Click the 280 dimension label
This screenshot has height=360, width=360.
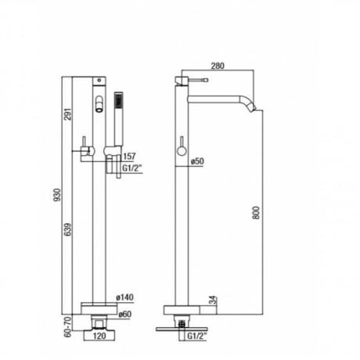click(218, 66)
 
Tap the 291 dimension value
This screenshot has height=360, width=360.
click(67, 114)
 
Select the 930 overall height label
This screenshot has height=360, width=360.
click(56, 195)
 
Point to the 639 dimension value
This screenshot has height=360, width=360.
click(67, 229)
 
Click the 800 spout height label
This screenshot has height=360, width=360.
click(257, 213)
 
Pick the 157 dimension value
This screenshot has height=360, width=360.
click(129, 157)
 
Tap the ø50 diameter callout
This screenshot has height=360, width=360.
click(197, 161)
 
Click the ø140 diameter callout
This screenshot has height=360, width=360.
click(124, 297)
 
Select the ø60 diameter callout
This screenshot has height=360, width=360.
click(124, 315)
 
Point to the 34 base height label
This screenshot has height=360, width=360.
click(213, 300)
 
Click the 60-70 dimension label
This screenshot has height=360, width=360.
click(67, 327)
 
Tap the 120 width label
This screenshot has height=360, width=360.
click(99, 336)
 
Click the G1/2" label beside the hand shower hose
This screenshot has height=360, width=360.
click(132, 168)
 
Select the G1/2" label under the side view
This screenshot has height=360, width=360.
click(197, 336)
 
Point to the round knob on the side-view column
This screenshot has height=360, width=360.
click(182, 150)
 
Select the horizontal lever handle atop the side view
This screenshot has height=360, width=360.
click(198, 80)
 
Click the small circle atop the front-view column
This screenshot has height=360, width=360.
click(99, 81)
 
